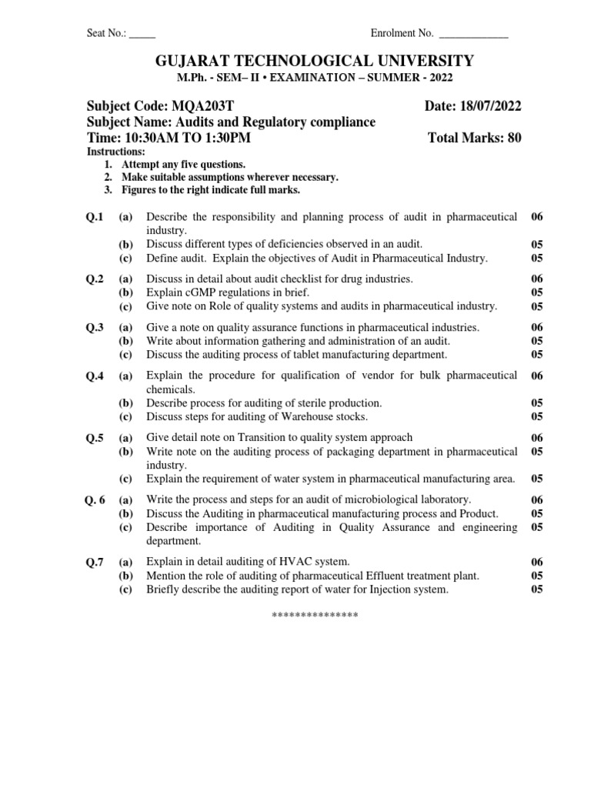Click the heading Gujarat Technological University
295,61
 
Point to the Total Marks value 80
515,139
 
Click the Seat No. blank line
142,34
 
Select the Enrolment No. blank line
472,34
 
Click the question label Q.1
95,218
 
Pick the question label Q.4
95,376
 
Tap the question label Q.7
95,562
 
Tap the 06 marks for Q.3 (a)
537,327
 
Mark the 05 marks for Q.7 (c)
537,589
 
